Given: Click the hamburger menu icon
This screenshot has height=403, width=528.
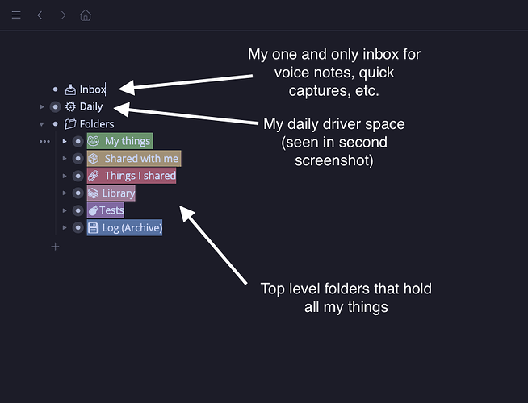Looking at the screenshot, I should click(16, 15).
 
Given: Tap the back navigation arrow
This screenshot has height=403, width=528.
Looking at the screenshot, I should click(40, 15).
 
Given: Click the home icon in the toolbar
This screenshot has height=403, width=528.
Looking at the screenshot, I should click(86, 15).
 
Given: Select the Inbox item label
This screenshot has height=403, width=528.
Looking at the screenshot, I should click(92, 89).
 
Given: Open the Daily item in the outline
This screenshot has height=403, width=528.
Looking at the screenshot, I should click(91, 106).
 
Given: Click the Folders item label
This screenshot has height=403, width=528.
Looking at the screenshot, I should click(96, 124).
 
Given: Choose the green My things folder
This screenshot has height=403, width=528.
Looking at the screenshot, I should click(128, 142).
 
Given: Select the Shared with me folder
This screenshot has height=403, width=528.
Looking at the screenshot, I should click(140, 159).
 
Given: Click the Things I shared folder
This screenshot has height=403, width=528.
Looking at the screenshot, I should click(139, 176).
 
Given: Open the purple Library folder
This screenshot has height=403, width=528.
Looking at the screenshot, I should click(118, 193).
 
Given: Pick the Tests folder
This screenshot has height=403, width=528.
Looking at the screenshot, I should click(111, 210).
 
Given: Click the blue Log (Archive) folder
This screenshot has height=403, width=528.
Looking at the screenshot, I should click(132, 228).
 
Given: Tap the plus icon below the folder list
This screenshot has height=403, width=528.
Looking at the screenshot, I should click(55, 247).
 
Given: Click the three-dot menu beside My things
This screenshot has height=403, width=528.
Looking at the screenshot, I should click(44, 142).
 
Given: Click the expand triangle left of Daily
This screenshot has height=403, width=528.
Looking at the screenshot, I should click(41, 106).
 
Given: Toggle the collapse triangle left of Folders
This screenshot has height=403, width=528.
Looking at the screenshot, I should click(41, 124).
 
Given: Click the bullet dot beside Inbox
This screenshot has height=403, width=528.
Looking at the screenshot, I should click(55, 89).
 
